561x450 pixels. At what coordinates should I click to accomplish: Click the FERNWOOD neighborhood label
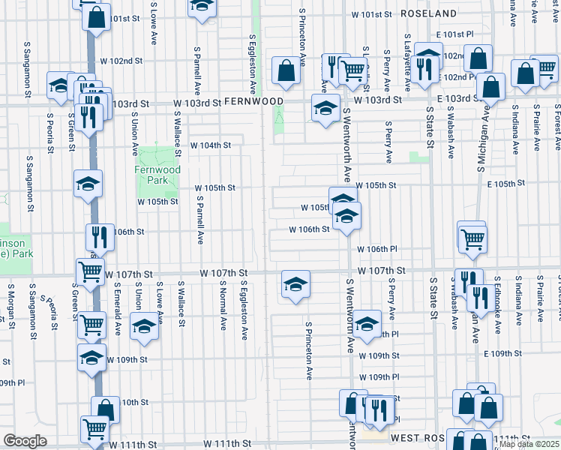point(253,101)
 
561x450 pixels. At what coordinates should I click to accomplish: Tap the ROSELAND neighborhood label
point(429,13)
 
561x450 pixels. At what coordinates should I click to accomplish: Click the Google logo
point(25,441)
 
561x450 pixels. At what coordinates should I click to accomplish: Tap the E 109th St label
point(502,353)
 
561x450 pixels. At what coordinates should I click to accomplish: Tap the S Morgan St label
point(12,306)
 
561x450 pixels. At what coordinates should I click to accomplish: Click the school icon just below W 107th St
point(295,284)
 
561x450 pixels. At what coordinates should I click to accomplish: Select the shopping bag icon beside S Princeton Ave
point(285,71)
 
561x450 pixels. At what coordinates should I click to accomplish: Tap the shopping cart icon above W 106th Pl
point(472,238)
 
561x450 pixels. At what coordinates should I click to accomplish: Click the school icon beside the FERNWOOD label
point(325,109)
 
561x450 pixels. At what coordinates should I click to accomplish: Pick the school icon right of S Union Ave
point(144,326)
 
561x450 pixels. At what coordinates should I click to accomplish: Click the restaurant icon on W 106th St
point(100,237)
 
